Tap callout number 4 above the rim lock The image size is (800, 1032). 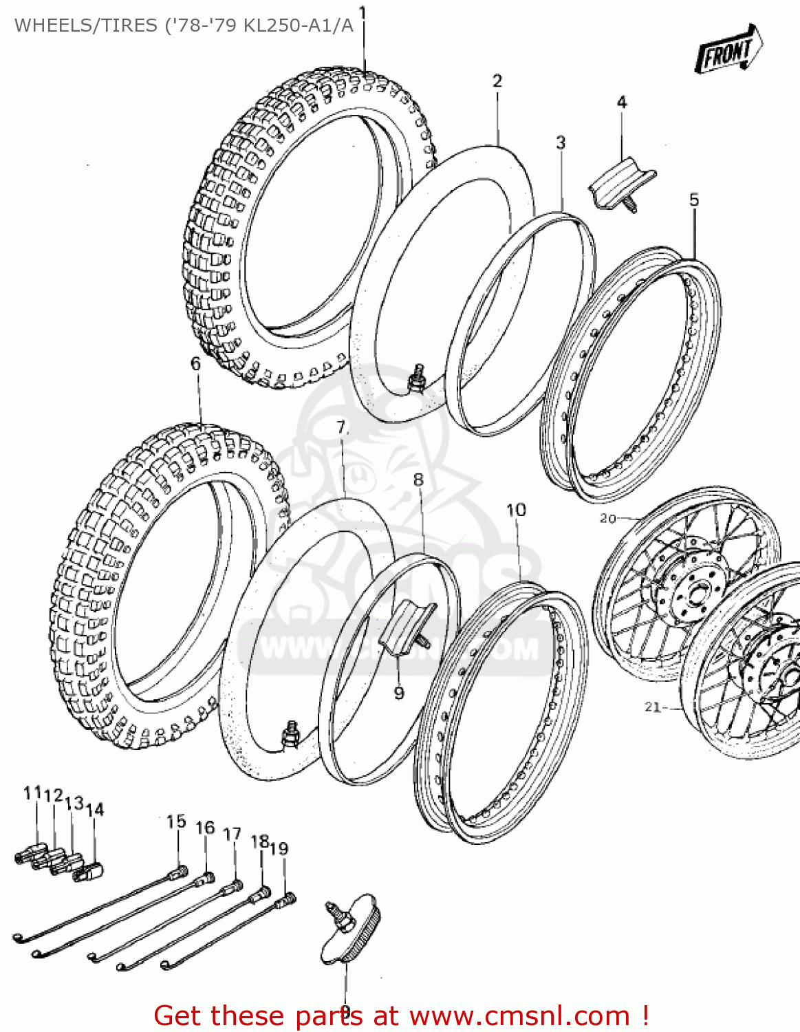pos(622,103)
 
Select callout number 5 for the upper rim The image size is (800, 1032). pos(693,200)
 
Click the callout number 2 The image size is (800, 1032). pos(497,80)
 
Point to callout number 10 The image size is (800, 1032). pos(516,510)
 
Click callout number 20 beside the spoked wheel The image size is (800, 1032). pos(607,518)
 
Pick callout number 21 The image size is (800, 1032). pos(652,707)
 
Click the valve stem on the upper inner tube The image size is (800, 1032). pos(415,380)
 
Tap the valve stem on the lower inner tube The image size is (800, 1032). pos(292,733)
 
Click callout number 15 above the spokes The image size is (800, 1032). pos(176,821)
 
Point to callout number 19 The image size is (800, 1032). pos(279,848)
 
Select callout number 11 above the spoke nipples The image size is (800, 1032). pos(32,793)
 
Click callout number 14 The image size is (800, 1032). pos(96,810)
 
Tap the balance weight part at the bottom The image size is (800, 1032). pos(351,929)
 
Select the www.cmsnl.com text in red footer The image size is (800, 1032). pos(519,1015)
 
